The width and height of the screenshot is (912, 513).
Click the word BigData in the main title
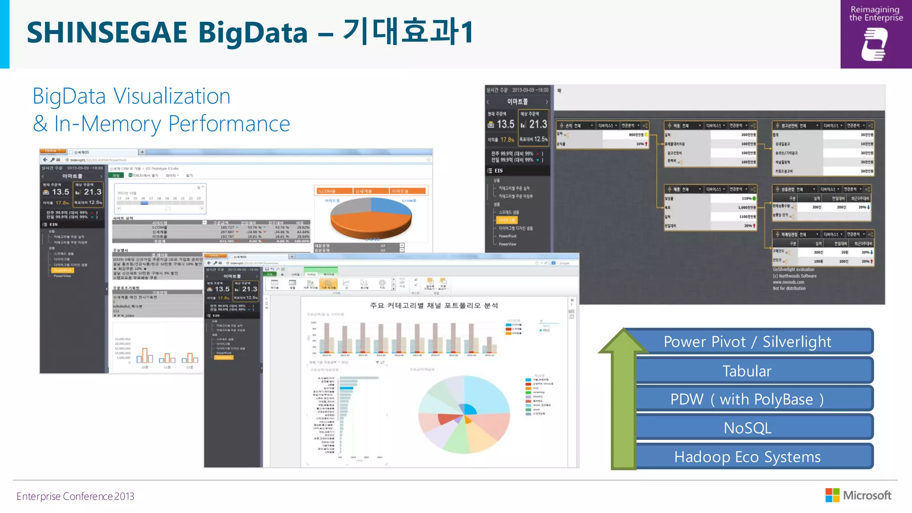252,33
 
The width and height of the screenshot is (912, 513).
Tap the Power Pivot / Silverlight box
747,342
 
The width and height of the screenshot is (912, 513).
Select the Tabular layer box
747,371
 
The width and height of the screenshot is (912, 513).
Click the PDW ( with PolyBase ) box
747,399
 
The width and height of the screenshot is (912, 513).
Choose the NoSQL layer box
747,427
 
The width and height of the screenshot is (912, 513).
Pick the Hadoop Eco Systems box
747,456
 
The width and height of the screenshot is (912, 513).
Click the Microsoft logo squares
832,495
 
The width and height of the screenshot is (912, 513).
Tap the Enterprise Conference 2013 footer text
75,496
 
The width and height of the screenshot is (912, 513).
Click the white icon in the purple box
875,44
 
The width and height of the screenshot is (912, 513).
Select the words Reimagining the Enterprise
875,14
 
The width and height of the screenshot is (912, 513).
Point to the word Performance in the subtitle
229,124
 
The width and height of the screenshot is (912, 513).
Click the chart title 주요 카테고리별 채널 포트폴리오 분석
434,305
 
